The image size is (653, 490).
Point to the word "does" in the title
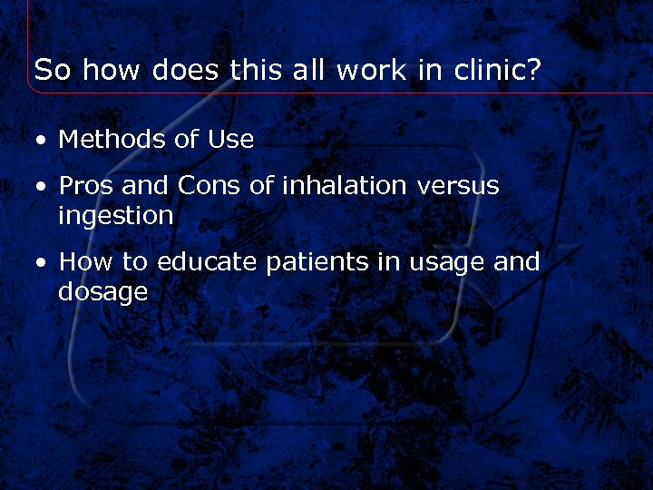pos(188,70)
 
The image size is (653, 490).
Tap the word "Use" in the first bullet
pos(230,139)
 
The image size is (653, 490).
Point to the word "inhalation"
pos(345,185)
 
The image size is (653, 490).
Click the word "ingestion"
pos(115,217)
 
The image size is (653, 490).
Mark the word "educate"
pos(209,262)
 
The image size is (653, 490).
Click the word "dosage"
pos(102,293)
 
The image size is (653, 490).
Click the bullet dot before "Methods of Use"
pos(42,141)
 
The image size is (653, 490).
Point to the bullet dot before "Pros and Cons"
pos(42,187)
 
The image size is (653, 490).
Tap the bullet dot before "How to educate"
pos(42,264)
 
